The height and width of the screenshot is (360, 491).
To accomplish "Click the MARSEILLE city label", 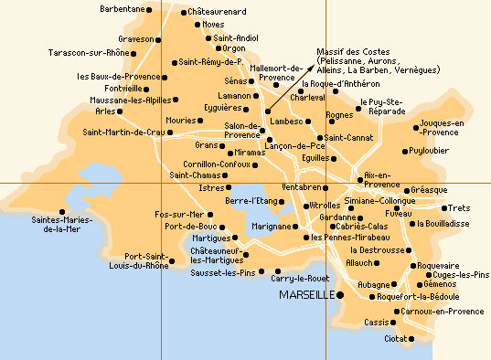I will [x=306, y=296].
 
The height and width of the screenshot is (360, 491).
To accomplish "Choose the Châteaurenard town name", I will [x=220, y=12].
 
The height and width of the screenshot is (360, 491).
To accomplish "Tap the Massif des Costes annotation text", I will [x=374, y=60].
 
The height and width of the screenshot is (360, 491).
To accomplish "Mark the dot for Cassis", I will [x=394, y=323].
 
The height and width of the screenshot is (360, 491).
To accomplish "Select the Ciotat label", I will [x=395, y=338].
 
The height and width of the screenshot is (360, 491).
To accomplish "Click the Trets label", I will [x=459, y=207].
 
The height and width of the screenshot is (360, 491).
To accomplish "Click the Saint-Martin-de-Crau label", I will [x=123, y=132].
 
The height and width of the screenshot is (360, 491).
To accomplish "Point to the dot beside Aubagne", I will [x=395, y=284].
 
